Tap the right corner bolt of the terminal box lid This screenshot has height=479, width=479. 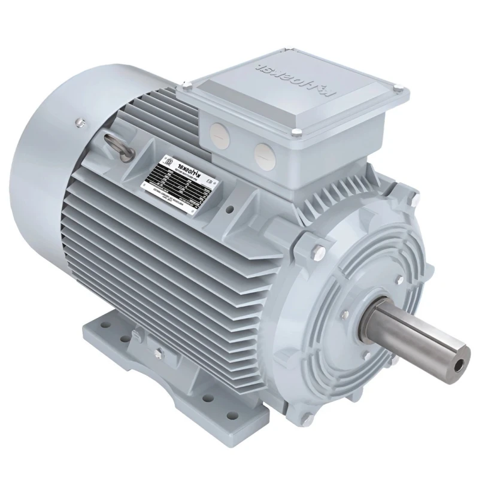(397, 90)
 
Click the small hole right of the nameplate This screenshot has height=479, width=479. (231, 210)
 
